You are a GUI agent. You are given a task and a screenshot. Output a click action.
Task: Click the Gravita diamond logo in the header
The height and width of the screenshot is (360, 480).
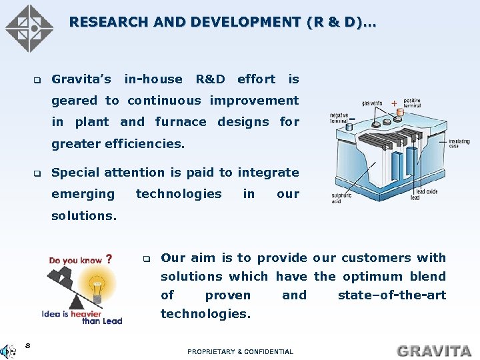[x=29, y=29]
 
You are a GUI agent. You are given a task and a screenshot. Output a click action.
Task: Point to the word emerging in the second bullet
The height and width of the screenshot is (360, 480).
[x=83, y=193]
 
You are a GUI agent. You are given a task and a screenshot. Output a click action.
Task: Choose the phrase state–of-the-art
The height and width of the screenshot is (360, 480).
[x=391, y=295]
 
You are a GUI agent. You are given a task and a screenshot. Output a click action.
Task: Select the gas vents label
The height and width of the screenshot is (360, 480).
[x=373, y=103]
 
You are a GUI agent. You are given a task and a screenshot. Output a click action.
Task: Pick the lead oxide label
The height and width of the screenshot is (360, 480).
[x=427, y=192]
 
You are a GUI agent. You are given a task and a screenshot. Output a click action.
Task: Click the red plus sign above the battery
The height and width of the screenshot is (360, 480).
[x=394, y=103]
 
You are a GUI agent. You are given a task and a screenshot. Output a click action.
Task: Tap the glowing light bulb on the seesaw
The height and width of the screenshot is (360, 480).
[x=97, y=286]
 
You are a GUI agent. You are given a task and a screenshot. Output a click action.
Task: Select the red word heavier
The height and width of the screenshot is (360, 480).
[x=87, y=313]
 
